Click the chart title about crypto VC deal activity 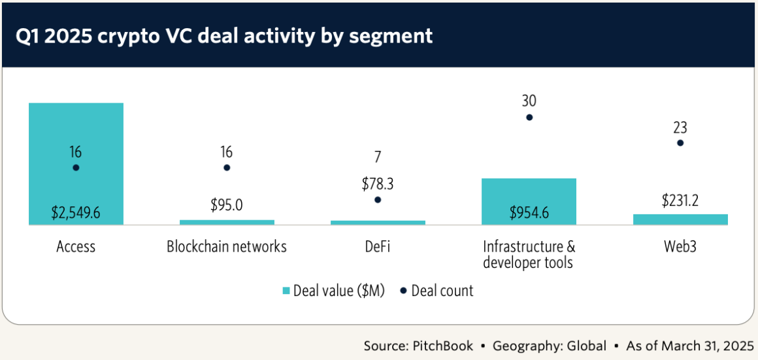click(224, 35)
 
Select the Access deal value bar click(76, 131)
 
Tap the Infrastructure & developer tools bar click(529, 193)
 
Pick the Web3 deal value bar click(680, 220)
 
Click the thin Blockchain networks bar click(227, 222)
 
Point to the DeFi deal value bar click(378, 223)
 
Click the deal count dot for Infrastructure click(529, 118)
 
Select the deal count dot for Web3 click(680, 142)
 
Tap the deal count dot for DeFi click(378, 200)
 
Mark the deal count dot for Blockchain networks click(227, 168)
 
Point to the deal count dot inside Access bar click(76, 168)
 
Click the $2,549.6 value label click(76, 212)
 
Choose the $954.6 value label click(529, 212)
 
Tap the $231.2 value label click(680, 201)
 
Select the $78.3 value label click(378, 184)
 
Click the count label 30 click(529, 101)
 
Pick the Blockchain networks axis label click(227, 247)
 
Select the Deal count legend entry click(437, 291)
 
